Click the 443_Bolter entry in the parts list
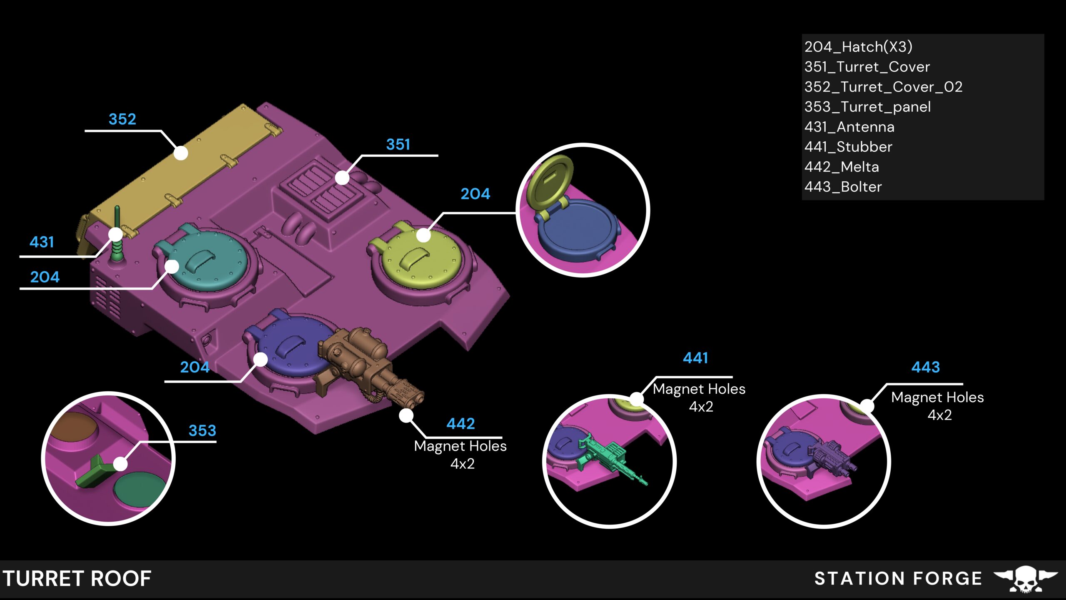(843, 187)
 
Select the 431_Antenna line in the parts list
(849, 127)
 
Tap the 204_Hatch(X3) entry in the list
(858, 47)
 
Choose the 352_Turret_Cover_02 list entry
(883, 87)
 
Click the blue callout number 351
(398, 145)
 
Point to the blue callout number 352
(122, 119)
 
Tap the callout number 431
(42, 242)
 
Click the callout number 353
(202, 430)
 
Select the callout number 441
(695, 358)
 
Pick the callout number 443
(926, 367)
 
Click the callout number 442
(461, 424)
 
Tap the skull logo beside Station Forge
(1025, 579)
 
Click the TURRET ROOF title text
(77, 579)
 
